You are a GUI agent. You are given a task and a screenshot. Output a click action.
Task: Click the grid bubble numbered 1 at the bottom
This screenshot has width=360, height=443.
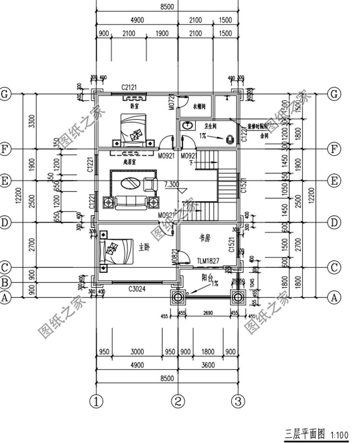97,400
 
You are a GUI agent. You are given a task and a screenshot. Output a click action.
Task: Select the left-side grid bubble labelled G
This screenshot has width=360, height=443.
6,94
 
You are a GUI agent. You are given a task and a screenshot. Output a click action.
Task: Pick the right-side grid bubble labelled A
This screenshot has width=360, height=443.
333,297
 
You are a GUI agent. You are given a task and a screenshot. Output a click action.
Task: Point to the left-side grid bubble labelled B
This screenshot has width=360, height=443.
6,282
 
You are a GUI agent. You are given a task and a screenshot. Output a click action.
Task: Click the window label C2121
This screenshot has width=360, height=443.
129,87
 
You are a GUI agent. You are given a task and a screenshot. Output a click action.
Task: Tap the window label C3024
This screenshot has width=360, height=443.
137,289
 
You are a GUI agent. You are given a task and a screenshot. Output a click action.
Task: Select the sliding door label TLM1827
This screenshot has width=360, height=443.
208,261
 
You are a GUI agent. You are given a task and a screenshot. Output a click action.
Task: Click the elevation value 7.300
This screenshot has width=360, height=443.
171,184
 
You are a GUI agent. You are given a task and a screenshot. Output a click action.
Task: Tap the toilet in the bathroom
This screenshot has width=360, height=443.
230,140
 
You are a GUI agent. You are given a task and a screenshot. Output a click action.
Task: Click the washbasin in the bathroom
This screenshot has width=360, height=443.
187,126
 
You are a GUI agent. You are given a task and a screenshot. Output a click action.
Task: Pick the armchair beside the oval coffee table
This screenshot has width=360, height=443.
150,184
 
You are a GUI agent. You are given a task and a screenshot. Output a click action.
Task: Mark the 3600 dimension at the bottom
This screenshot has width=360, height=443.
207,365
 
